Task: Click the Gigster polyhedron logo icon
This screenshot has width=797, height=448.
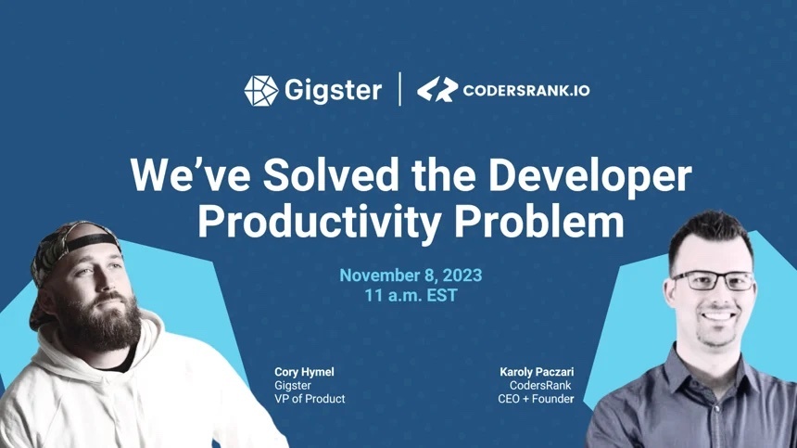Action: (x=261, y=91)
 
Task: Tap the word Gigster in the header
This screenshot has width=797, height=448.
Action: (x=333, y=91)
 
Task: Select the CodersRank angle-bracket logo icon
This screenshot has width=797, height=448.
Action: (x=437, y=89)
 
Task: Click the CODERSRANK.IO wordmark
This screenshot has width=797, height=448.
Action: (x=526, y=91)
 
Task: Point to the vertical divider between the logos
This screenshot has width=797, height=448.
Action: (x=400, y=89)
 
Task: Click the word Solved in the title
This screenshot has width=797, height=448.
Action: (x=331, y=175)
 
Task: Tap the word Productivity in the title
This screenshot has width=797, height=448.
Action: (x=319, y=222)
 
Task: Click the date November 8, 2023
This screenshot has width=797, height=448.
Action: (x=411, y=275)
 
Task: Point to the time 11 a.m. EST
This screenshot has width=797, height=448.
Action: (x=411, y=296)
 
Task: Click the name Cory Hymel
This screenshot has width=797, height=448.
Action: (x=304, y=372)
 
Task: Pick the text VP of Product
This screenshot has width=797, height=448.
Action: (x=310, y=399)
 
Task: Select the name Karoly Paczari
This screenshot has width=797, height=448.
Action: (x=537, y=372)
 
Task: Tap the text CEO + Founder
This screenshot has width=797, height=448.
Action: (x=536, y=399)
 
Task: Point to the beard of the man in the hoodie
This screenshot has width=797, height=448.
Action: (x=102, y=320)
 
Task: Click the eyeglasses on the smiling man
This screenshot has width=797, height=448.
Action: (x=714, y=281)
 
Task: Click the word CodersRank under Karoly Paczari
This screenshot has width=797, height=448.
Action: (x=540, y=386)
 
